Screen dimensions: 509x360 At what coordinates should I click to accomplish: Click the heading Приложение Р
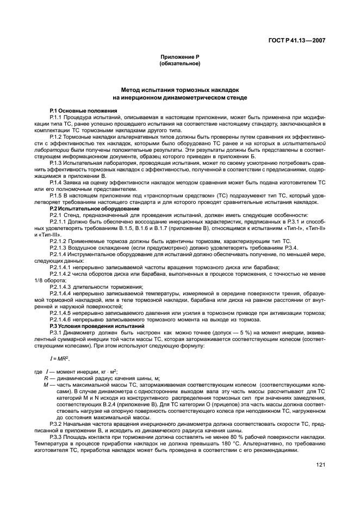click(179, 57)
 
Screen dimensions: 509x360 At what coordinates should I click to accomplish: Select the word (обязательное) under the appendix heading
click(179, 64)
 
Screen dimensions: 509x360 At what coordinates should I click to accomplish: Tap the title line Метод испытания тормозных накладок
click(179, 90)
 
